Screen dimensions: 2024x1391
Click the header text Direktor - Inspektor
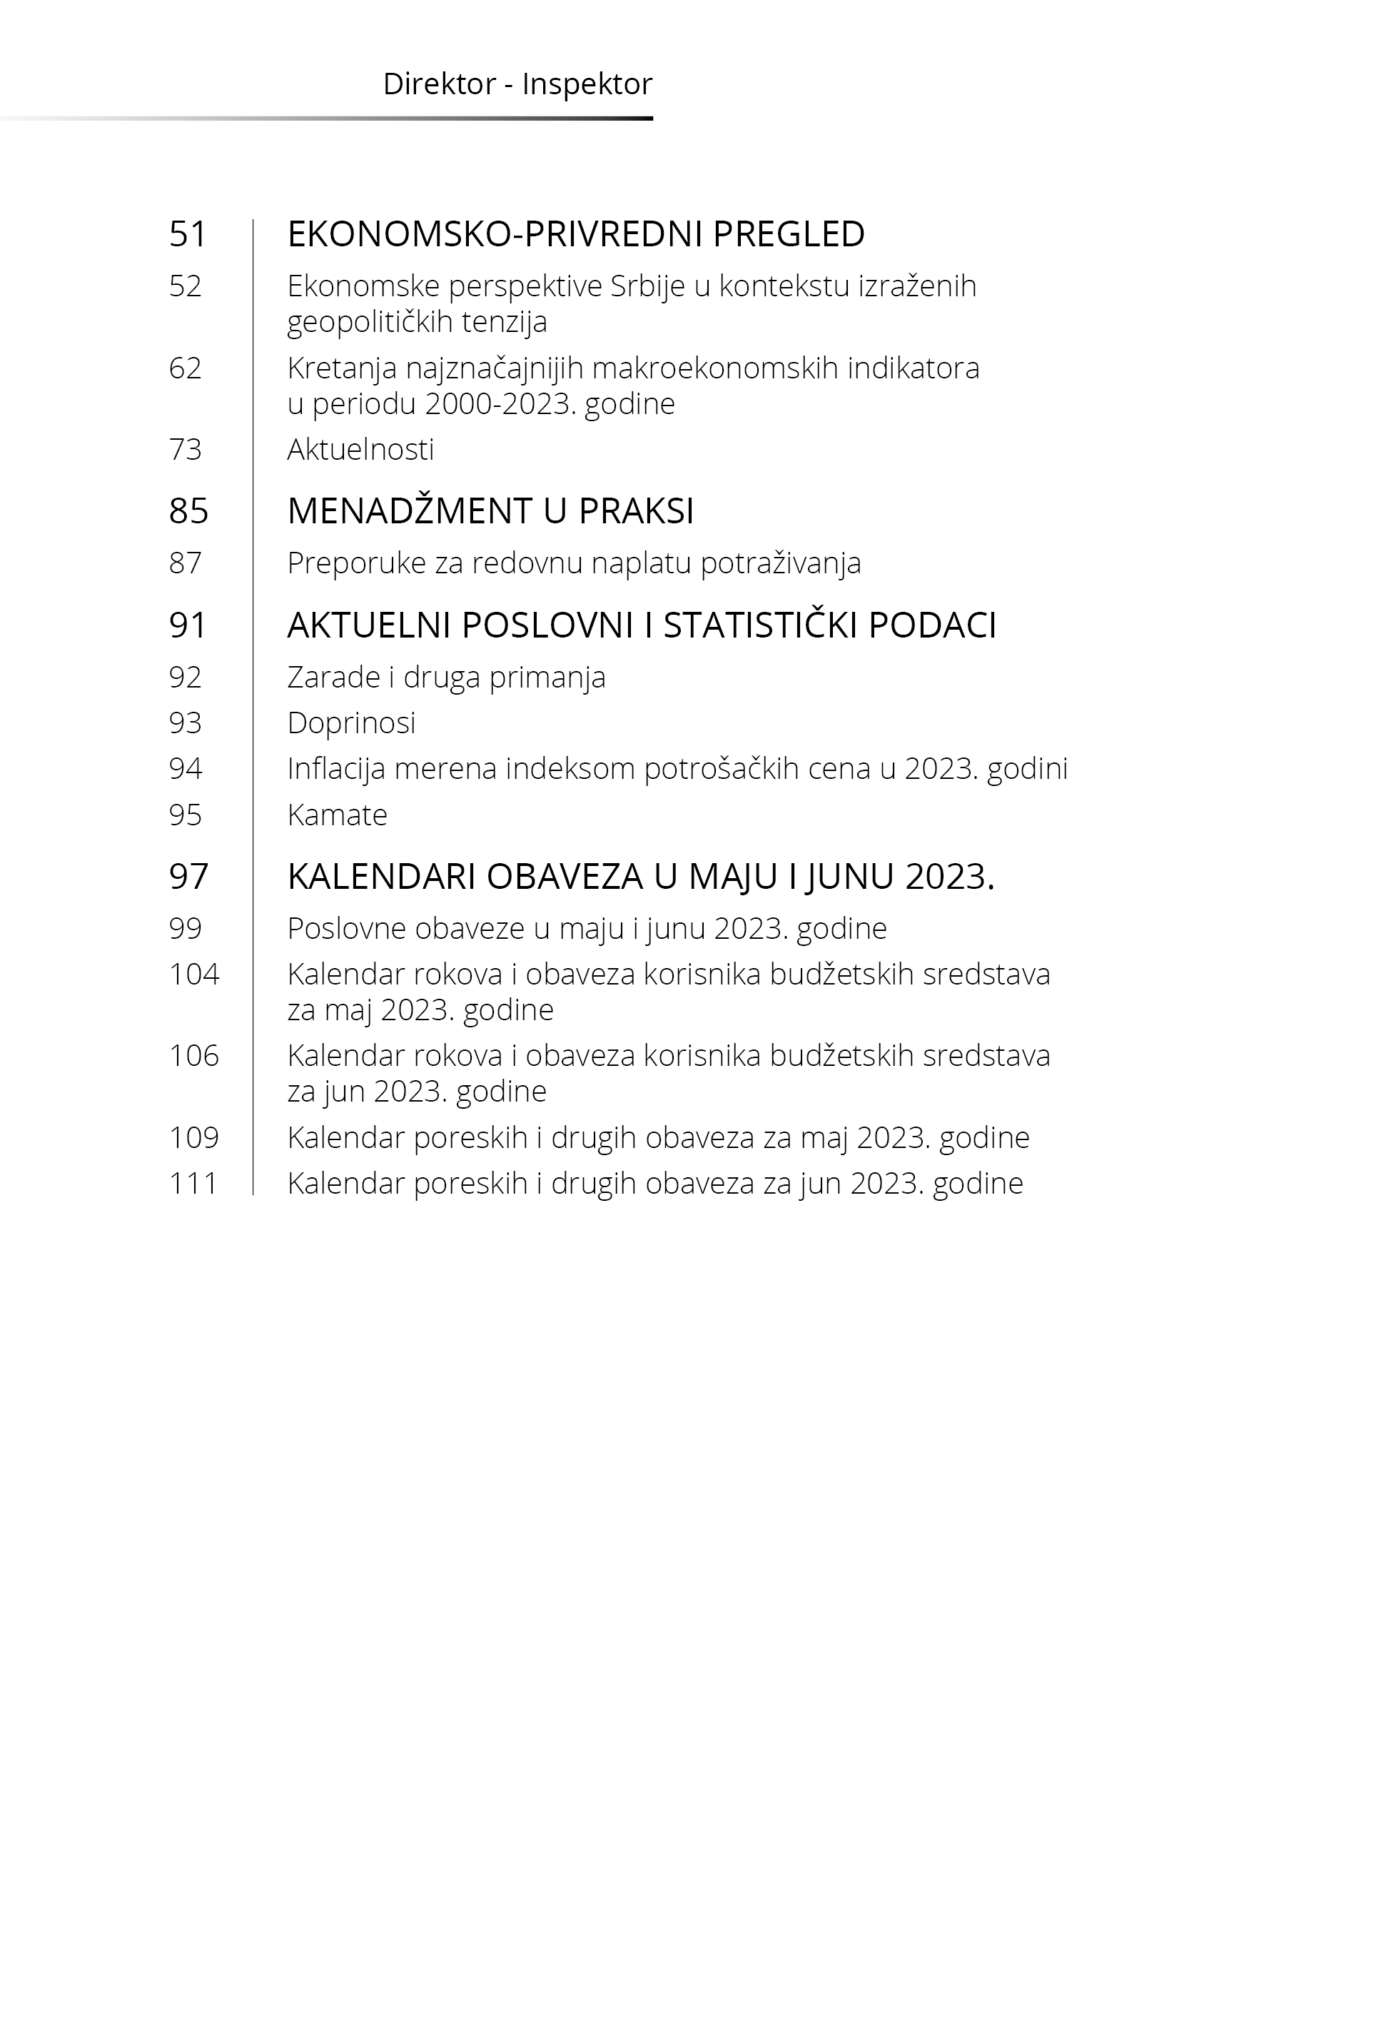click(x=517, y=84)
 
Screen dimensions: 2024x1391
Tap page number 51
click(x=188, y=233)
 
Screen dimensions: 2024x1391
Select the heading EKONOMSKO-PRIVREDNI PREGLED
click(x=575, y=233)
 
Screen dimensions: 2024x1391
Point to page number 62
click(x=185, y=368)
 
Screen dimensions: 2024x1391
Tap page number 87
click(x=185, y=563)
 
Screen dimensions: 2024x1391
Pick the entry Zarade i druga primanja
click(x=445, y=678)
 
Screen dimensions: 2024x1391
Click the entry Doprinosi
click(x=351, y=723)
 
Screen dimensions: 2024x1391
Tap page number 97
click(x=188, y=876)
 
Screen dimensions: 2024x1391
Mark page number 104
click(x=193, y=974)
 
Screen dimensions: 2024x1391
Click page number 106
click(x=193, y=1056)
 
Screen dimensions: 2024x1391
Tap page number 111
click(x=193, y=1184)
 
